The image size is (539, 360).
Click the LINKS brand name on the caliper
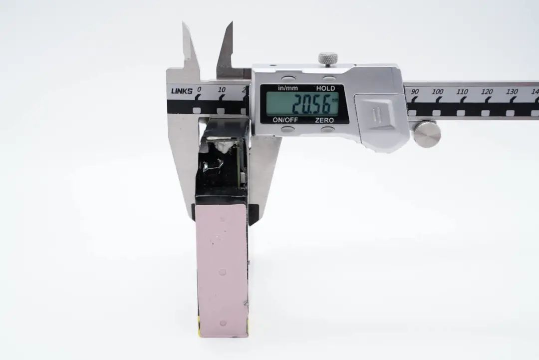point(182,91)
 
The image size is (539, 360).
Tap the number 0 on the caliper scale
point(199,89)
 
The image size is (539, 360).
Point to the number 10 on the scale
point(222,90)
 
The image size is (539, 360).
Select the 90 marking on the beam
point(415,91)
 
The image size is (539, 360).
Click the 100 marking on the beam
point(438,92)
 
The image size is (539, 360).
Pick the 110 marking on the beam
point(462,92)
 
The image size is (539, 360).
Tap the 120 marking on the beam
point(487,92)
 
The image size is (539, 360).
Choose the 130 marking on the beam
point(512,92)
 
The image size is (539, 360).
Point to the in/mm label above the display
point(288,88)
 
